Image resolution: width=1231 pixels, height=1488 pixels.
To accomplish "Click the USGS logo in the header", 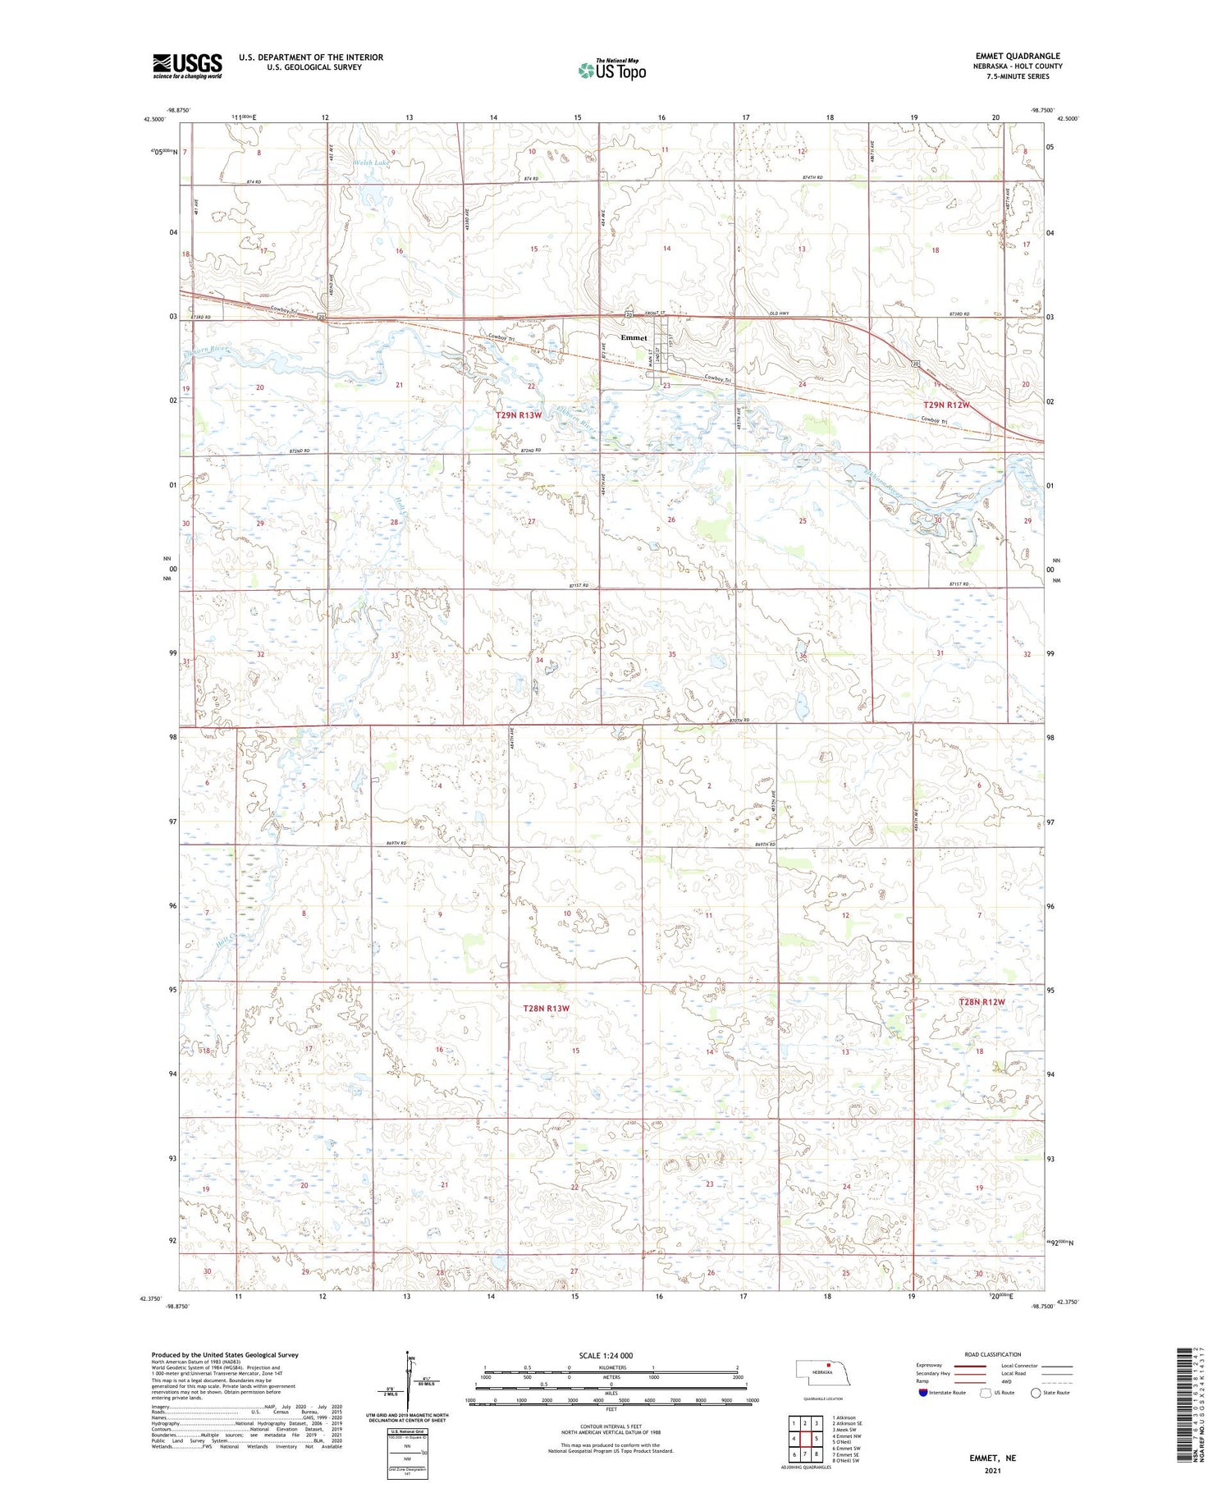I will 187,66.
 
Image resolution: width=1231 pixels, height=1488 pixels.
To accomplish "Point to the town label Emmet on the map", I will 634,338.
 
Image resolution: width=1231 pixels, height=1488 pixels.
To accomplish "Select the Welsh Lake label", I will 373,163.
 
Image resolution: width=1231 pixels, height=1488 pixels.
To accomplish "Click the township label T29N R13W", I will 519,415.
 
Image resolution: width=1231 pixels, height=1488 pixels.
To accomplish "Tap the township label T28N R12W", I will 982,1002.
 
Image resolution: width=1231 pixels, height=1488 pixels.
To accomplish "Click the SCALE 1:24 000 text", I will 606,1356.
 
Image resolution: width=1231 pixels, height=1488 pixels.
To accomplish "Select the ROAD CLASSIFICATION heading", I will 993,1354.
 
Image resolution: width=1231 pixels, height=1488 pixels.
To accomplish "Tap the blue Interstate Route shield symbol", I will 923,1393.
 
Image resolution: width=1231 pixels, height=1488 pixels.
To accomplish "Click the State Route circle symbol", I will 1036,1393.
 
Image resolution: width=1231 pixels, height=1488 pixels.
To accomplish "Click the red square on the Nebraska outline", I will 829,1367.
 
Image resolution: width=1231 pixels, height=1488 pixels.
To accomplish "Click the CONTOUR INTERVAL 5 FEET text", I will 611,1428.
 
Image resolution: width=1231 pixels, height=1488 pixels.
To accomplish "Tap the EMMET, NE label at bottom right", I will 992,1458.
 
